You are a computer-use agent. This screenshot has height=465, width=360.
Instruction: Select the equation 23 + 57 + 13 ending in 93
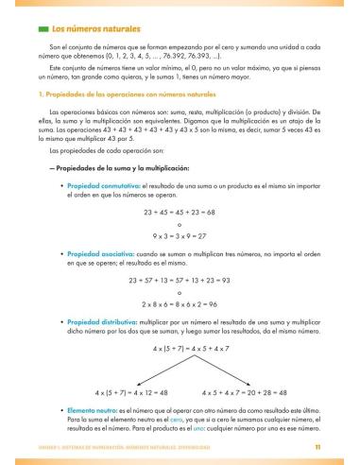click(x=180, y=281)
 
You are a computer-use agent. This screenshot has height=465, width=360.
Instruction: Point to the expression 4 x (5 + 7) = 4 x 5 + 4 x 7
click(x=180, y=349)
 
